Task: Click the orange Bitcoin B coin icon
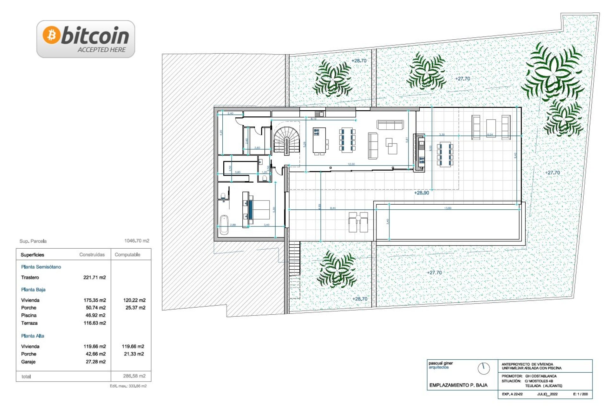pyautogui.click(x=51, y=35)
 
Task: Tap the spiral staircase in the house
pyautogui.click(x=286, y=140)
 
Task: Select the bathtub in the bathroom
pyautogui.click(x=224, y=225)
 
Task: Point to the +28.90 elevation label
pyautogui.click(x=421, y=193)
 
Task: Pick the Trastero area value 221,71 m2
pyautogui.click(x=95, y=278)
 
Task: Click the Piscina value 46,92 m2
pyautogui.click(x=95, y=315)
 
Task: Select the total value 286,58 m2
pyautogui.click(x=134, y=376)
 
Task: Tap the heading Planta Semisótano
pyautogui.click(x=41, y=267)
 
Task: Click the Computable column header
pyautogui.click(x=127, y=255)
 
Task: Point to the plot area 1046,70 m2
pyautogui.click(x=136, y=241)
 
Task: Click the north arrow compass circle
pyautogui.click(x=483, y=369)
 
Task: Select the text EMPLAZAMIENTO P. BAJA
pyautogui.click(x=458, y=385)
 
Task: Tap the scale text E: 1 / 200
pyautogui.click(x=580, y=394)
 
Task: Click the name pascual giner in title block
pyautogui.click(x=441, y=363)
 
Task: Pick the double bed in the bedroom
pyautogui.click(x=259, y=210)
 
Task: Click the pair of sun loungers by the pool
pyautogui.click(x=358, y=222)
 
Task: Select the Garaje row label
pyautogui.click(x=28, y=362)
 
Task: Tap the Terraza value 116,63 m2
pyautogui.click(x=95, y=323)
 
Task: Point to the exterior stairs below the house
pyautogui.click(x=294, y=259)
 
